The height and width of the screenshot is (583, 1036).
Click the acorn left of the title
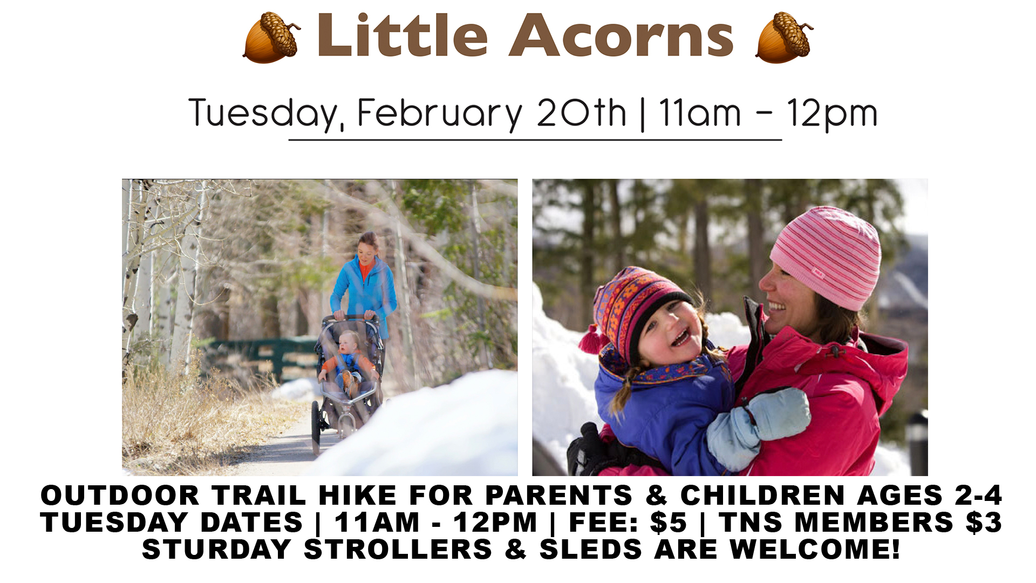point(271,37)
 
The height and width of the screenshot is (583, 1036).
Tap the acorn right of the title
point(784,37)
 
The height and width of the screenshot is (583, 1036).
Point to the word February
point(440,114)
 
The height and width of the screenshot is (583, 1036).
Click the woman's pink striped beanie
point(826,256)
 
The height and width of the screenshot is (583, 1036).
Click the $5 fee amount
point(669,522)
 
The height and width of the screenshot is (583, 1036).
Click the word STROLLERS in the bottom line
point(398,549)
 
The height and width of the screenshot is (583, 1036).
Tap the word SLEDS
point(591,549)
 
